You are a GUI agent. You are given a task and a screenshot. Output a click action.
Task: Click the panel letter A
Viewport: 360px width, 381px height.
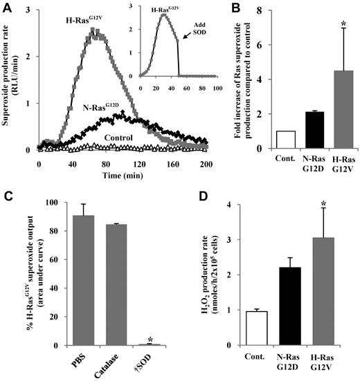6,8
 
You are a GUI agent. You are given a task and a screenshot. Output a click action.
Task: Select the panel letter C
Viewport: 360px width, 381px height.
6,196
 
